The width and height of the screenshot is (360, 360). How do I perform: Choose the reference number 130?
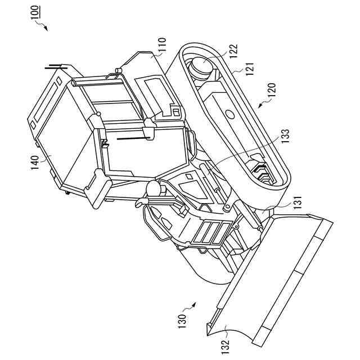[x=182, y=321]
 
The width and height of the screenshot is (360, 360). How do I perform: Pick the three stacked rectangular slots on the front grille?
[x=211, y=234]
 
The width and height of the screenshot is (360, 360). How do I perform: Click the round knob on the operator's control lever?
[x=152, y=188]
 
